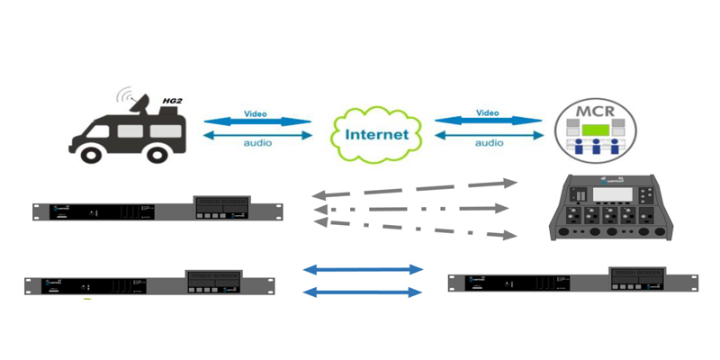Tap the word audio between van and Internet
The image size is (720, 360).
(258, 143)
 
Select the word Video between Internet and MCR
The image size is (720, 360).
(488, 113)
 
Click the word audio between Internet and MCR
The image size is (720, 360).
(489, 143)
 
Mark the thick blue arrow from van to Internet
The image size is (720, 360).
(258, 122)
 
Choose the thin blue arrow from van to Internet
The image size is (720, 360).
(258, 135)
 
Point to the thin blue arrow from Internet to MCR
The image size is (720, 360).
(489, 135)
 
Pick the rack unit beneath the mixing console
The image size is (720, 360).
(572, 281)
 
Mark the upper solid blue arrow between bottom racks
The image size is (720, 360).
(364, 269)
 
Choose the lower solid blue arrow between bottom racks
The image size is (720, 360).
(364, 292)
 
